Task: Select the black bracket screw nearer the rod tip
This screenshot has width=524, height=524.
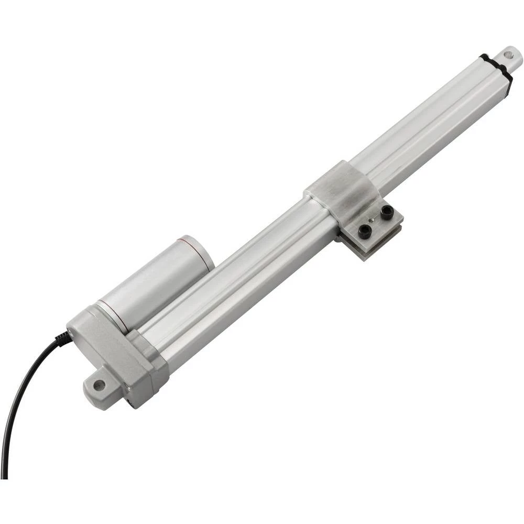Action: pos(387,212)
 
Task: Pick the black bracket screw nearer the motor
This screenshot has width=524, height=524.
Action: pos(364,231)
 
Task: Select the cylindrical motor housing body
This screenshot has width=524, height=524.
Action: pos(157,283)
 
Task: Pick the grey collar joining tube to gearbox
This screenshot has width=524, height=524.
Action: pos(152,356)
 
